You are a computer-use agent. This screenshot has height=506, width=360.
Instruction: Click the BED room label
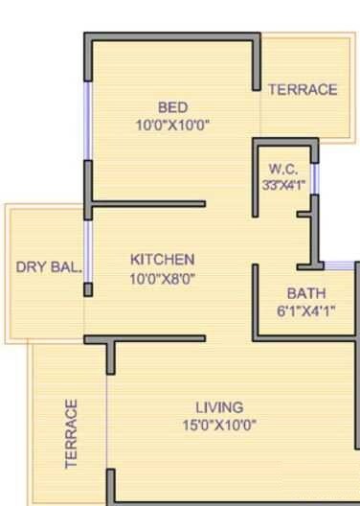click(x=172, y=106)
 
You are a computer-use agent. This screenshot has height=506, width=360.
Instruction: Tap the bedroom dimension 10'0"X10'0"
click(x=172, y=125)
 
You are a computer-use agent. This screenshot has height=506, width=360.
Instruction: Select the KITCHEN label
click(x=163, y=260)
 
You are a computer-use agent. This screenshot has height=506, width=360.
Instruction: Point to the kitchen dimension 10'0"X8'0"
click(x=163, y=278)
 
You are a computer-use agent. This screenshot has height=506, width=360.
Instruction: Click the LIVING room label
click(x=219, y=407)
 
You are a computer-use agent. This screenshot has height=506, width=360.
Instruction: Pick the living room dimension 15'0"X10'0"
click(x=219, y=425)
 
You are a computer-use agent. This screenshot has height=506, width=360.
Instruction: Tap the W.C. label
click(x=283, y=169)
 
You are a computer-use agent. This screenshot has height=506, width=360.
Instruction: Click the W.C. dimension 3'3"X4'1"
click(x=283, y=185)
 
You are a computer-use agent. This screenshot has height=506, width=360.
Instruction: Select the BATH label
click(x=305, y=293)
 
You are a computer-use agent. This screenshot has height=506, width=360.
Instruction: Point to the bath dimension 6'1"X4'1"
click(x=305, y=310)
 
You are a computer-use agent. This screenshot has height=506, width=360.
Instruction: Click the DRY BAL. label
click(x=49, y=266)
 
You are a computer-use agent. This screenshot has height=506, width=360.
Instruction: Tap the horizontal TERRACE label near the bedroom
click(x=303, y=90)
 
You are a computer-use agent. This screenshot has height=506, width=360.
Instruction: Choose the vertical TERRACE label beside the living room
click(x=71, y=433)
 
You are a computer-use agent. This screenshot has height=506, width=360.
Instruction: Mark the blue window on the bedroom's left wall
click(x=87, y=120)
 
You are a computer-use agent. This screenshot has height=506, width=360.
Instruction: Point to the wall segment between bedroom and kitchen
click(x=148, y=203)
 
